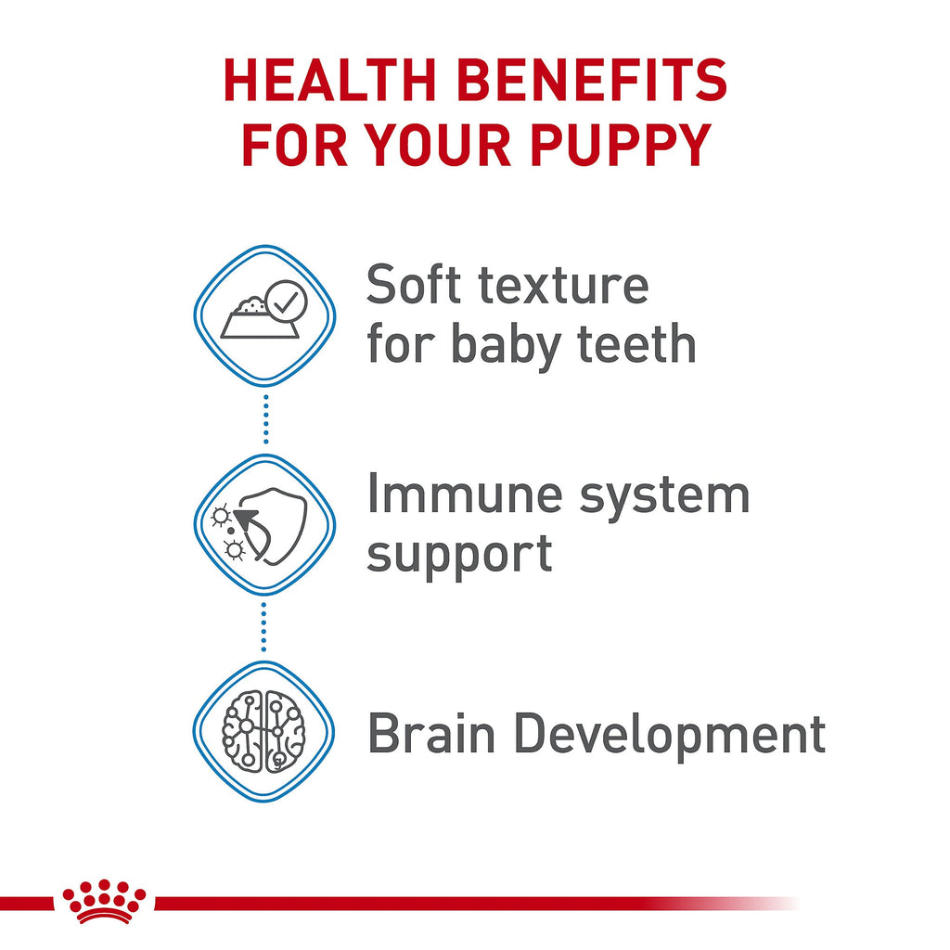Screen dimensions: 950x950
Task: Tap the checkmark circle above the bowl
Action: (x=283, y=300)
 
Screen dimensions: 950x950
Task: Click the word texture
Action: (x=562, y=287)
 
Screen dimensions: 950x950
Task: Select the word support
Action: (x=459, y=555)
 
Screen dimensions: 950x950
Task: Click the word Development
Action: (x=670, y=736)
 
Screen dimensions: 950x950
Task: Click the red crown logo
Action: (x=104, y=901)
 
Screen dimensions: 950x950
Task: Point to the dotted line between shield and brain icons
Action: (x=264, y=627)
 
